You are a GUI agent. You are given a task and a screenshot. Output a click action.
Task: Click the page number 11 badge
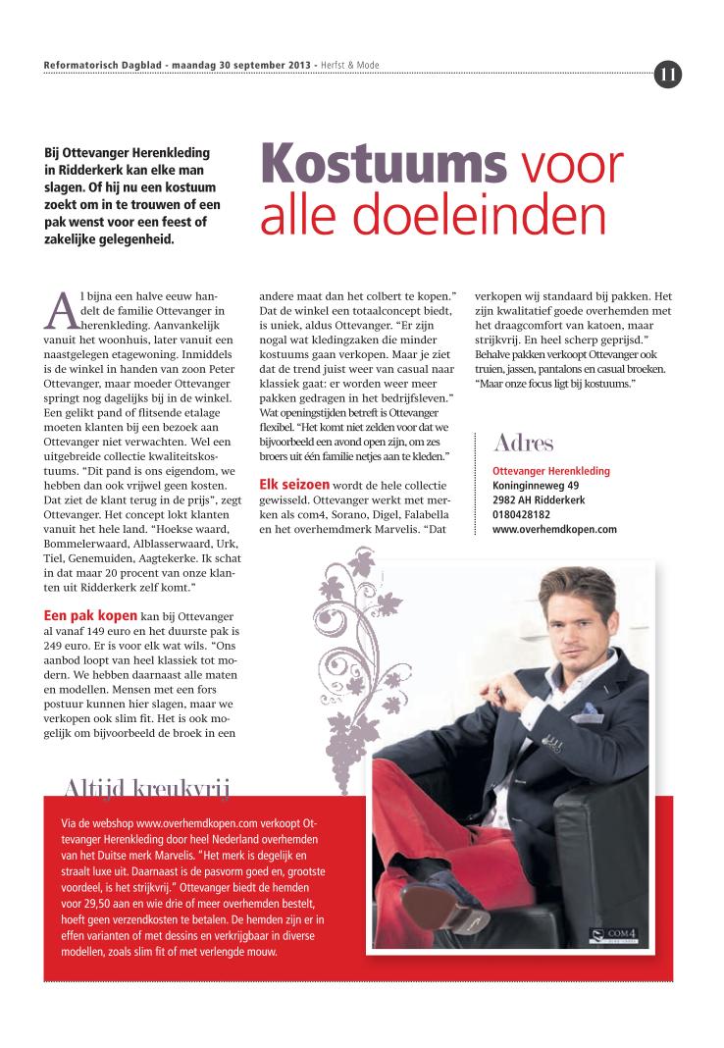coord(668,74)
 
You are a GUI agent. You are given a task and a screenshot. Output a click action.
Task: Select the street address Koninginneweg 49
coord(536,485)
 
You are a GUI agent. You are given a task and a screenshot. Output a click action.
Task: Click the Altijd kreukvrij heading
coord(147,784)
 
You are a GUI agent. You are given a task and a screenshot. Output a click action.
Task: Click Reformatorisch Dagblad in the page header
coord(103,66)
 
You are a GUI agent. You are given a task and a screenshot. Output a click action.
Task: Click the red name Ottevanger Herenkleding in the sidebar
coord(550,471)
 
